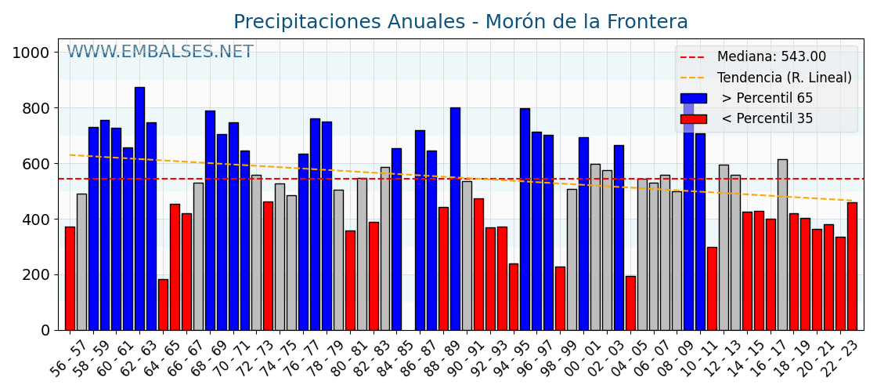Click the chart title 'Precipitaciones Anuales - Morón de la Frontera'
(460, 22)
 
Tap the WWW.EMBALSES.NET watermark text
(160, 53)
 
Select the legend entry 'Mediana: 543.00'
(771, 57)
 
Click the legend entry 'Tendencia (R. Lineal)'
(784, 78)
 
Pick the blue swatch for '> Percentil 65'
(693, 98)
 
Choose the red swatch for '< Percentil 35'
(693, 119)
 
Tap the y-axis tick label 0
(45, 330)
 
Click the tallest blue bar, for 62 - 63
(139, 209)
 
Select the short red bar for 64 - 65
(163, 305)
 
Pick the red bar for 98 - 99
(560, 299)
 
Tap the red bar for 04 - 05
(630, 303)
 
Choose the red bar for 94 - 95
(514, 297)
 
